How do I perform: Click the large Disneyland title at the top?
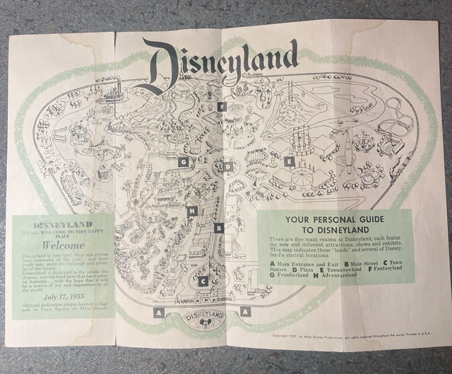click(220, 62)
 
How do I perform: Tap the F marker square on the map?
click(222, 107)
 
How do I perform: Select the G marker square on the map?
click(184, 162)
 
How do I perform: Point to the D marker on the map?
click(227, 168)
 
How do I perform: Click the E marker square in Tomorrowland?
click(288, 162)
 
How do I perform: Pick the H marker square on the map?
click(192, 210)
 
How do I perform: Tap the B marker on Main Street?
click(220, 228)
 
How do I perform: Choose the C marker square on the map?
click(203, 281)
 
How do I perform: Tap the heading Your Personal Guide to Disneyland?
click(332, 225)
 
